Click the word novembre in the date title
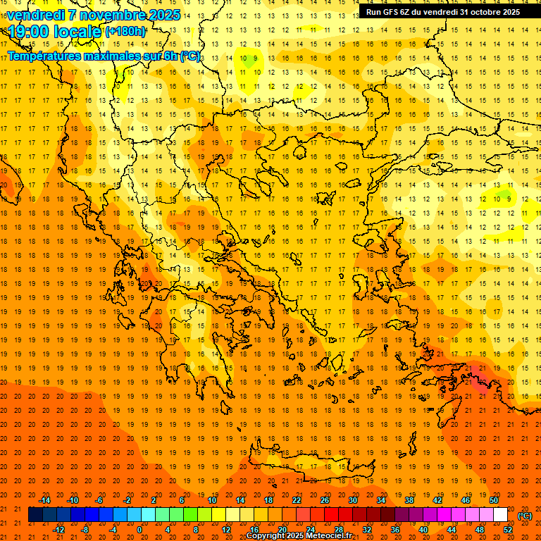click(109, 15)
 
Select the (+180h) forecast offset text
click(125, 31)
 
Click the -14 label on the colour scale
click(44, 500)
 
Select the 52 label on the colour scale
click(508, 530)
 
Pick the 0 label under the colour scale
click(139, 530)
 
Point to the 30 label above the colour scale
click(352, 500)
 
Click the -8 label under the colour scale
click(86, 530)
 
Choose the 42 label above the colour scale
click(437, 500)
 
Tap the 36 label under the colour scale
click(395, 530)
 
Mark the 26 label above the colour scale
click(324, 500)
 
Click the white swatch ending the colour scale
click(500, 515)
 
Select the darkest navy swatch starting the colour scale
click(35, 515)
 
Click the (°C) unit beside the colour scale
click(525, 515)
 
